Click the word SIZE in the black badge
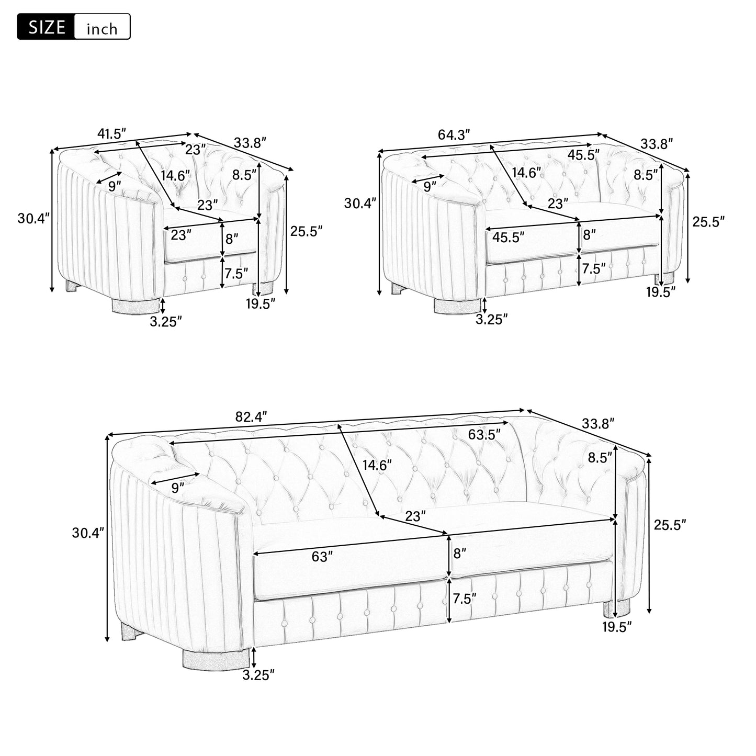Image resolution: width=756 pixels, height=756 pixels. point(47,27)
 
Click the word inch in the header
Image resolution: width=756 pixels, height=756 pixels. point(102,29)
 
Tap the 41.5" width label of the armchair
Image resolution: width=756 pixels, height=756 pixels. point(111,133)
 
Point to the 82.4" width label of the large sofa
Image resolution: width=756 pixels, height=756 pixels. point(251,416)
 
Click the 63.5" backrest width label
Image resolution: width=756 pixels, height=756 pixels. point(484,434)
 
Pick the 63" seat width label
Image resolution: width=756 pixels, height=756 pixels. point(322,556)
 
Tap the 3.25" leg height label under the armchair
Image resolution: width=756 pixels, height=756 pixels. point(166,322)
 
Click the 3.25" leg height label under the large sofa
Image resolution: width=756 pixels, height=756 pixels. point(258,675)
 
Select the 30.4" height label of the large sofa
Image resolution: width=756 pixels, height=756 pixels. point(88,533)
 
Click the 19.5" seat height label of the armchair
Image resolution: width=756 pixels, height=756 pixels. point(261,303)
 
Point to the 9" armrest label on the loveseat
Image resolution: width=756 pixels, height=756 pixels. point(430,186)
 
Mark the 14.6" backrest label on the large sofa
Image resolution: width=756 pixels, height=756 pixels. point(377,465)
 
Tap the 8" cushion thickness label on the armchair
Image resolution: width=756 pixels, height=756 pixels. point(231,238)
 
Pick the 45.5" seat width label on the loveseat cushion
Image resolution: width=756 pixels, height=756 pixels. point(508,237)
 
